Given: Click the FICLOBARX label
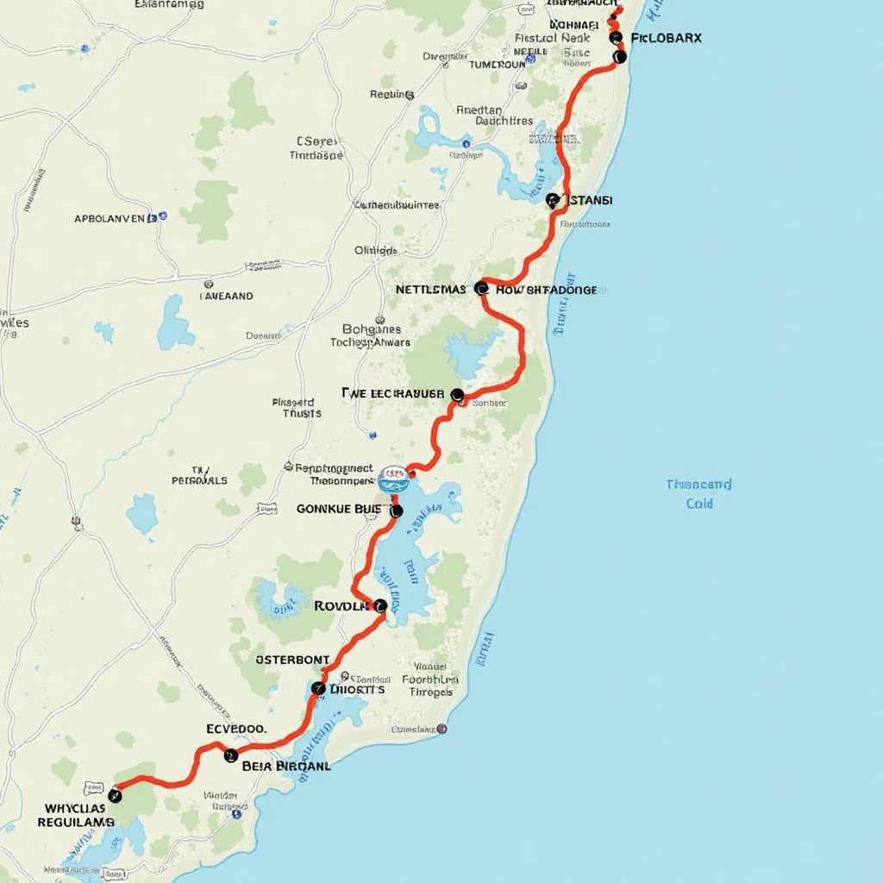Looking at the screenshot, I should click(x=667, y=38).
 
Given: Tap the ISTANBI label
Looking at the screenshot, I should click(x=591, y=200).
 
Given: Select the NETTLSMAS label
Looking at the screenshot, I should click(x=431, y=290).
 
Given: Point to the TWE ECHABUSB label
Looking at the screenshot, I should click(x=393, y=393).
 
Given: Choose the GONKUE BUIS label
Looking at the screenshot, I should click(x=338, y=509).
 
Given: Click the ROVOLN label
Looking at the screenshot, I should click(x=342, y=605).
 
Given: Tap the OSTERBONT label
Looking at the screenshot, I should click(x=293, y=660).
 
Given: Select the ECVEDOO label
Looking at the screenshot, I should click(x=236, y=729).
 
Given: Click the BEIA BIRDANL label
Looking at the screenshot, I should click(x=286, y=764).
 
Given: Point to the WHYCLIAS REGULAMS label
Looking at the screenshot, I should click(x=76, y=816).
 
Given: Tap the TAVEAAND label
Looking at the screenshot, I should click(x=227, y=295).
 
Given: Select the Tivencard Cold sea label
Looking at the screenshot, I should click(x=699, y=493).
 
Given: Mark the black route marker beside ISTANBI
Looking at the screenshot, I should click(x=554, y=201).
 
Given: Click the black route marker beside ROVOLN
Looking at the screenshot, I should click(x=380, y=605).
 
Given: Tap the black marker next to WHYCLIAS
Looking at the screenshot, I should click(x=115, y=795).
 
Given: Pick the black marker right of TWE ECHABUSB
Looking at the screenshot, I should click(x=457, y=395).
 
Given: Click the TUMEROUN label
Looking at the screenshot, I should click(x=497, y=64).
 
